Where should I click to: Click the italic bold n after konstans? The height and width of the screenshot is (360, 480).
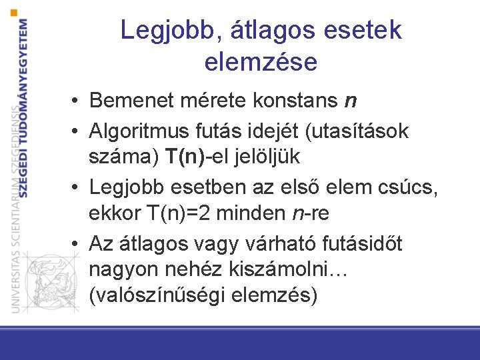(x=350, y=101)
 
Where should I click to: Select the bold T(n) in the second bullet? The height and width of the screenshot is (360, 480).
(x=185, y=158)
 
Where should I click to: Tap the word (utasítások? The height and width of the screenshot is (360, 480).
(x=356, y=130)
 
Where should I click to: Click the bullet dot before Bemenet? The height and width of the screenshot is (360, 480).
(x=78, y=102)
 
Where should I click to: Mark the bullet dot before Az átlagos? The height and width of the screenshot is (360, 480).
(x=78, y=245)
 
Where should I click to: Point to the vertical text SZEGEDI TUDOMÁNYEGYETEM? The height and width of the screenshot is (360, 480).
(x=24, y=107)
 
